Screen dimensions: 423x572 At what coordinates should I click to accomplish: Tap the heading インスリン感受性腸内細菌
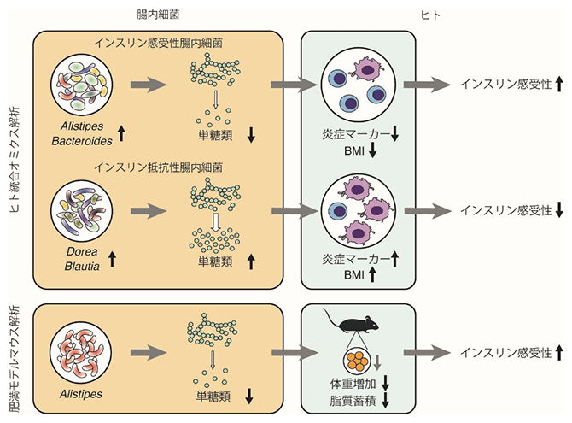click(x=159, y=44)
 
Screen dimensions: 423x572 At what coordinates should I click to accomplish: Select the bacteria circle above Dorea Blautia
click(x=81, y=210)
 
